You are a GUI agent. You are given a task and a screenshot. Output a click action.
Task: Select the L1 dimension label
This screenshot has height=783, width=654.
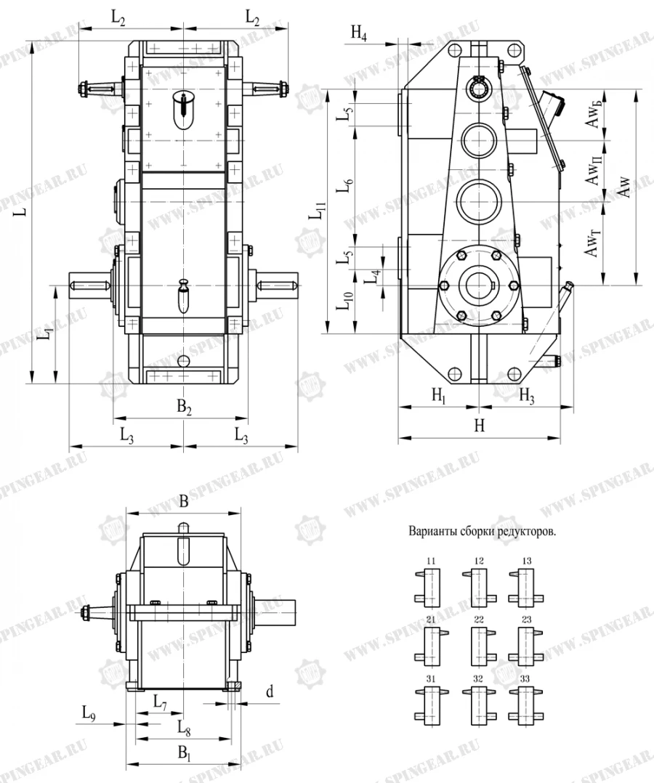tap(45, 335)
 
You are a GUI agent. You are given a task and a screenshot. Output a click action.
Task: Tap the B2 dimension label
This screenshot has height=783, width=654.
tap(185, 409)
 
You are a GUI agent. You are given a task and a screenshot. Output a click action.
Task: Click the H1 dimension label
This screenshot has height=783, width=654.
tap(439, 396)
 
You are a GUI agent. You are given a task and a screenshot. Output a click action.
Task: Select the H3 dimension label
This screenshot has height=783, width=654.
tap(527, 396)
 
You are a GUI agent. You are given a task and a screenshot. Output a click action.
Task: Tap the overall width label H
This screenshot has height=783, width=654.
tap(479, 427)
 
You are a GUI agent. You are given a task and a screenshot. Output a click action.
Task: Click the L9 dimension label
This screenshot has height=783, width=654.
tap(88, 714)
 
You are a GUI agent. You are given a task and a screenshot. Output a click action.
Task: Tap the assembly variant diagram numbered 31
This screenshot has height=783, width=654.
tap(431, 699)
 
